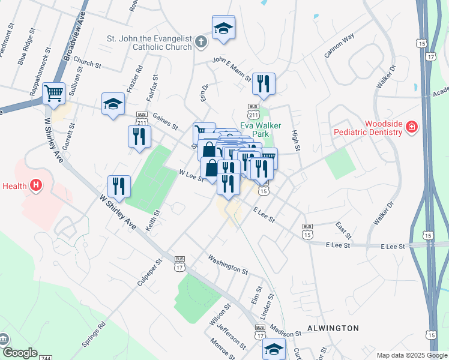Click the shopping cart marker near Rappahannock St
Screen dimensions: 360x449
click(x=54, y=94)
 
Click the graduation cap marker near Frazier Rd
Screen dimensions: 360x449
click(x=113, y=103)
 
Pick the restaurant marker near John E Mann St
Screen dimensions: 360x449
click(x=263, y=83)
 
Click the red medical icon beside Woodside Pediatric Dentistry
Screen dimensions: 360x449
click(x=412, y=127)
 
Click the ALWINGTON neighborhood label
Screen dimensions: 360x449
click(x=333, y=328)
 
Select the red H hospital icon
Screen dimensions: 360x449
click(x=36, y=185)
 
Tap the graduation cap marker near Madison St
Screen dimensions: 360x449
click(x=274, y=348)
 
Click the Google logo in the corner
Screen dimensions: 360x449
click(x=19, y=352)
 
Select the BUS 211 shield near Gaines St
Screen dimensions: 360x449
click(x=142, y=118)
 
